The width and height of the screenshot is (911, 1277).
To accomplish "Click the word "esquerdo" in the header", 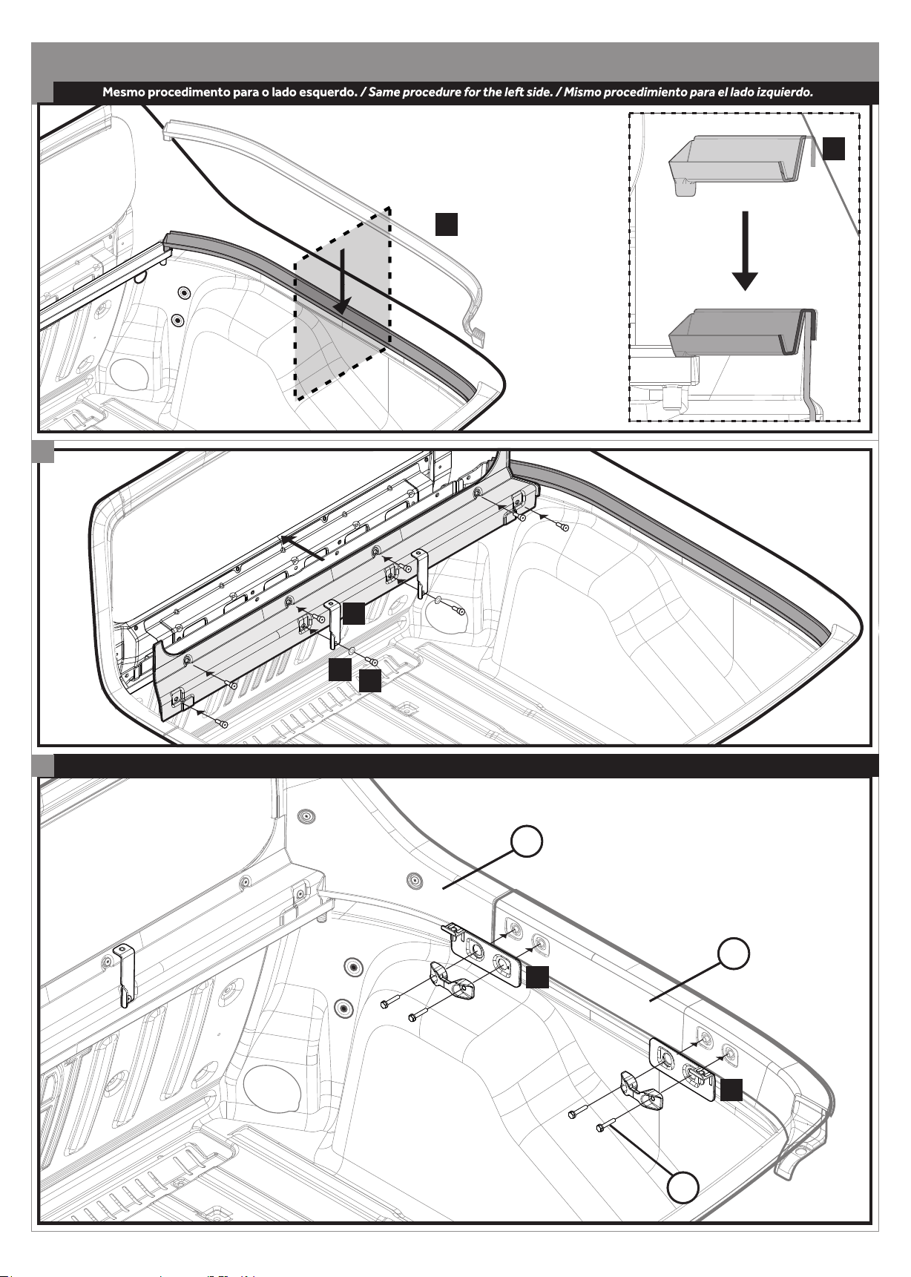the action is point(326,93).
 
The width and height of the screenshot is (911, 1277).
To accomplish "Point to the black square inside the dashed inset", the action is point(834,149).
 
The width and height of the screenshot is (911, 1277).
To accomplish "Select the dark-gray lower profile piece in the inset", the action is point(742,332).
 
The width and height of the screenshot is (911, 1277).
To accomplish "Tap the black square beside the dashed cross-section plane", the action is point(446,224).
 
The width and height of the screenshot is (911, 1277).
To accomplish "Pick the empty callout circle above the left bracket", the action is point(527,843).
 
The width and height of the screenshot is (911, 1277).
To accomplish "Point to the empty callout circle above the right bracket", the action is point(734,953).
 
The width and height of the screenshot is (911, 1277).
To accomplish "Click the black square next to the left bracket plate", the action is point(538,976).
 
